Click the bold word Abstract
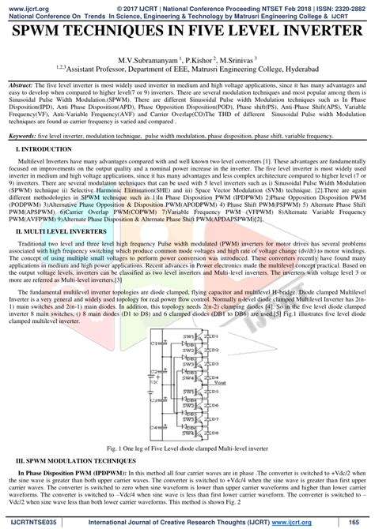tap(20, 83)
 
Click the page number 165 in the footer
tap(355, 523)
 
